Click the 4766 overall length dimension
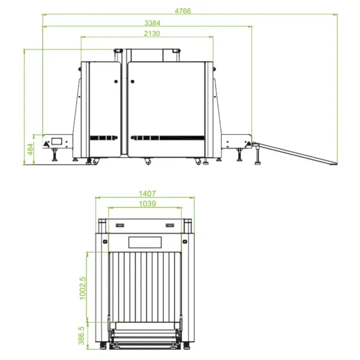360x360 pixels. click(183, 11)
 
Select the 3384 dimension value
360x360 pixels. click(152, 23)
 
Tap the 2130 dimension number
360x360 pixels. click(152, 34)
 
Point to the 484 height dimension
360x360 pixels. click(31, 149)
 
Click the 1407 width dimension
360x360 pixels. click(147, 194)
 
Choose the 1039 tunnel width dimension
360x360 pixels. click(147, 203)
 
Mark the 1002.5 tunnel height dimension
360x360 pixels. click(82, 288)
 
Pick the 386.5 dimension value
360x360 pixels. click(81, 335)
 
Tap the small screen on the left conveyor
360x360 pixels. click(56, 141)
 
